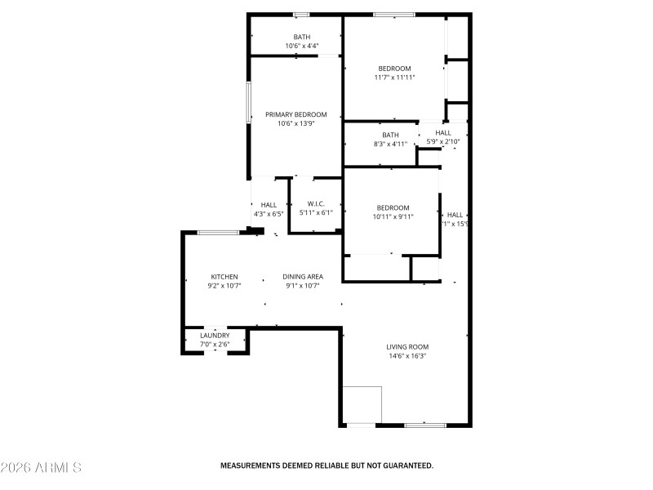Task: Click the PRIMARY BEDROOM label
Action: click(295, 114)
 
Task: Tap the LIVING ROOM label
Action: click(407, 347)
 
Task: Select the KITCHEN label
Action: click(224, 277)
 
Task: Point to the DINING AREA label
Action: click(303, 277)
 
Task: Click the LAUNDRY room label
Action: click(215, 336)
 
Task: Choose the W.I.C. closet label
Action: click(316, 204)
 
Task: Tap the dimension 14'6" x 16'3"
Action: click(407, 356)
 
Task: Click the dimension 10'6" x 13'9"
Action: click(295, 124)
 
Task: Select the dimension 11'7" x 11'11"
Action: click(394, 78)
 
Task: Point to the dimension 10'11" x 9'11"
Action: click(393, 217)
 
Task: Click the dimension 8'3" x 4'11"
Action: click(390, 145)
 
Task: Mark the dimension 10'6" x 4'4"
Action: click(302, 46)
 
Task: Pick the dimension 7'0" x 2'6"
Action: click(215, 345)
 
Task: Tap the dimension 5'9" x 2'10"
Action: click(443, 142)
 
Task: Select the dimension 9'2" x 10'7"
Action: click(224, 286)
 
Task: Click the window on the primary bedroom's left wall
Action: click(250, 102)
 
